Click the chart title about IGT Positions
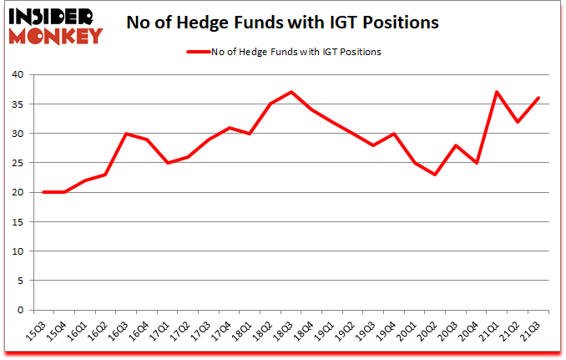(x=283, y=23)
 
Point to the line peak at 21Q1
(x=498, y=92)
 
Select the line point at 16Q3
(x=125, y=134)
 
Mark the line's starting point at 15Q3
(x=43, y=192)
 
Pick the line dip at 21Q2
(x=518, y=122)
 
